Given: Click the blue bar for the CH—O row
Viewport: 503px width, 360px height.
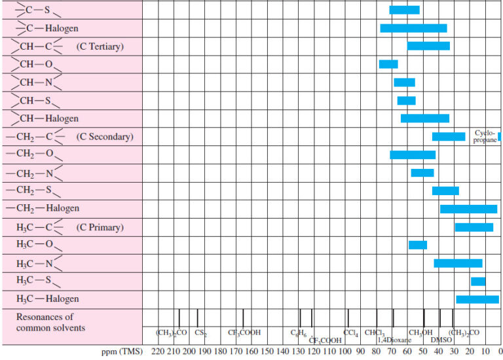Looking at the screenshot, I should [x=388, y=64].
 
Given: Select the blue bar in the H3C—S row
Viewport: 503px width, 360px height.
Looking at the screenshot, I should [x=478, y=281].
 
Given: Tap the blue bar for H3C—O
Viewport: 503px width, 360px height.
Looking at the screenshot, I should [x=417, y=245].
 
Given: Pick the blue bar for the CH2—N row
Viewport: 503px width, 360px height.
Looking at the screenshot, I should [x=422, y=173].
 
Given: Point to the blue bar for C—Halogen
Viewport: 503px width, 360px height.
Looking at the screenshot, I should [x=413, y=28].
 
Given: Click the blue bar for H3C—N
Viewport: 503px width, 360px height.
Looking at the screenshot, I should [x=458, y=263].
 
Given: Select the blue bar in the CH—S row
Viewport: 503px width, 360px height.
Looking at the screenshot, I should [x=406, y=100].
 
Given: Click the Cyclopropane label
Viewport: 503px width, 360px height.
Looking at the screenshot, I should [x=485, y=136].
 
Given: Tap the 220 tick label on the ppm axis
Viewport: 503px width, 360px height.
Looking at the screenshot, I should [x=158, y=351].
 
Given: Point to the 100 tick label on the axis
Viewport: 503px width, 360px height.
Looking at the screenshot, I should [x=345, y=351].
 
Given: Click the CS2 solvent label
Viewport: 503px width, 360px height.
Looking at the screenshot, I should [x=200, y=333].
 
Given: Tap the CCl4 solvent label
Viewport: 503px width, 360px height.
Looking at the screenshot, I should [x=351, y=333].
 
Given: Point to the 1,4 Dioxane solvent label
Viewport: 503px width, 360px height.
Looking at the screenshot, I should [x=394, y=340].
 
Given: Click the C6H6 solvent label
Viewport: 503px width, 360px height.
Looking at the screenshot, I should [x=299, y=333].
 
